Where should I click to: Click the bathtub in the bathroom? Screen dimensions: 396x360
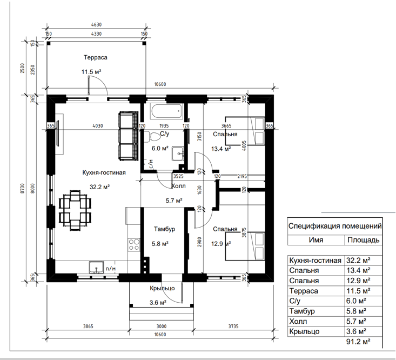[167, 111]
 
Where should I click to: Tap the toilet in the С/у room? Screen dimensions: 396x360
[154, 136]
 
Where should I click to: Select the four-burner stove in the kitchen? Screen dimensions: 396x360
[134, 244]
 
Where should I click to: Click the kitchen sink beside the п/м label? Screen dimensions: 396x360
[96, 267]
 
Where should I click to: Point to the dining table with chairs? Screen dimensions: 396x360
[75, 210]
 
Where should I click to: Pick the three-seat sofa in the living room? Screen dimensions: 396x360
[128, 136]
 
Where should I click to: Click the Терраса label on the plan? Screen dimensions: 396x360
[96, 57]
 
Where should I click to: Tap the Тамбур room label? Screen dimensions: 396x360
[164, 229]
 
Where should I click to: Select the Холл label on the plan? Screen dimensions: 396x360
[178, 186]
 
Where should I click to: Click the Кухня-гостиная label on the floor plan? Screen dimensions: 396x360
[104, 172]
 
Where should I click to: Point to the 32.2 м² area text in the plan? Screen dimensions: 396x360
[99, 187]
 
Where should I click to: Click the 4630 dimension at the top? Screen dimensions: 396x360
[96, 24]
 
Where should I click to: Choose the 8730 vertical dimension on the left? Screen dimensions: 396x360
[22, 189]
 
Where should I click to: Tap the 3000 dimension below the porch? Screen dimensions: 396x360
[162, 326]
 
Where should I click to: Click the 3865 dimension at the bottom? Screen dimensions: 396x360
[88, 326]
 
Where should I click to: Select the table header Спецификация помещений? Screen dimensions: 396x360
[335, 226]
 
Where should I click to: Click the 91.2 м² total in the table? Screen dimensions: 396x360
[358, 342]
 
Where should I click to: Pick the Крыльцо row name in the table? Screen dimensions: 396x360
[304, 331]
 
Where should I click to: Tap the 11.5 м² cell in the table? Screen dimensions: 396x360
[358, 291]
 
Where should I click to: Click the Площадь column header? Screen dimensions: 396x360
[364, 240]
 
